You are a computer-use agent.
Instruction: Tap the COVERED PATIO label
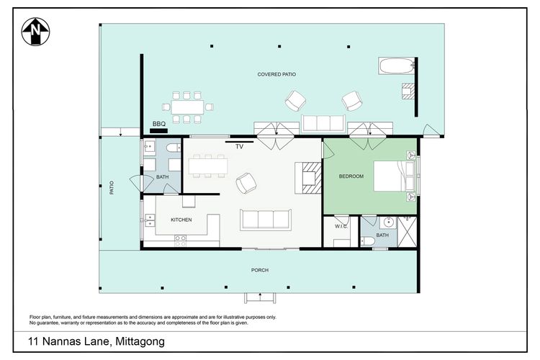(x=277, y=74)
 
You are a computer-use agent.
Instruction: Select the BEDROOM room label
(x=351, y=176)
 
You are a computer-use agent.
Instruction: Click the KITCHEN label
(x=181, y=220)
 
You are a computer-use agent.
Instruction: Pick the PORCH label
(x=259, y=270)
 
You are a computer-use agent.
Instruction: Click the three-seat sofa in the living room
(x=266, y=219)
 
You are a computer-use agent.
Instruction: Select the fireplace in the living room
(x=308, y=176)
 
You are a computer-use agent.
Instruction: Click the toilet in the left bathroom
(x=173, y=148)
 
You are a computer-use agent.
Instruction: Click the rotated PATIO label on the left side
(x=112, y=188)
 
